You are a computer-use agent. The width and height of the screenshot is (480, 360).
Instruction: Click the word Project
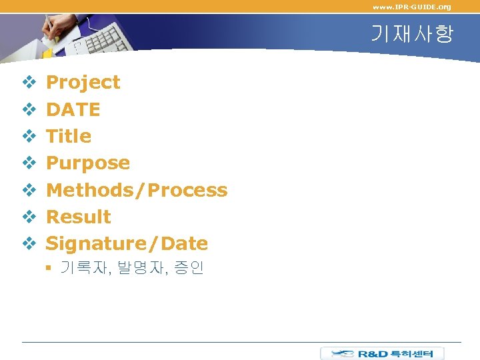click(x=83, y=83)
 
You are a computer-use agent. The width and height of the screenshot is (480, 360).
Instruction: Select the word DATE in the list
click(x=73, y=109)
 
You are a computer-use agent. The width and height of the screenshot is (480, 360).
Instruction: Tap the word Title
click(x=68, y=136)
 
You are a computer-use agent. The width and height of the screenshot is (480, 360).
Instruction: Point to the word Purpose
click(x=87, y=163)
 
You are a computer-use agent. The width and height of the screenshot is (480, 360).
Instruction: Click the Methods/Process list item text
click(x=136, y=190)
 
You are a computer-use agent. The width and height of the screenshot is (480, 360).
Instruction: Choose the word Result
click(x=78, y=217)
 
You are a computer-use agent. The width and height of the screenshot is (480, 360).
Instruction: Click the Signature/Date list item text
click(x=127, y=244)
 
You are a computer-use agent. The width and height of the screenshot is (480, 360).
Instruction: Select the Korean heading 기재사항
click(x=411, y=34)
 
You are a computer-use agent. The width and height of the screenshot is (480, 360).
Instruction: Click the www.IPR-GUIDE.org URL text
click(x=411, y=7)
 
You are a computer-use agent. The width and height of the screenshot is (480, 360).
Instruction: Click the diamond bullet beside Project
click(x=29, y=83)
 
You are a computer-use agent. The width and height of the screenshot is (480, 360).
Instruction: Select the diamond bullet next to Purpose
click(x=29, y=163)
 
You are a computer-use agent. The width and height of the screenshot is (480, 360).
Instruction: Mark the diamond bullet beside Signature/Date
click(x=29, y=244)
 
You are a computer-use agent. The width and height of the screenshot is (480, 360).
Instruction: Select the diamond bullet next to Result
click(x=29, y=217)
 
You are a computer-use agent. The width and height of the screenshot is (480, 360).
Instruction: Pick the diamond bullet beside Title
click(x=29, y=136)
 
